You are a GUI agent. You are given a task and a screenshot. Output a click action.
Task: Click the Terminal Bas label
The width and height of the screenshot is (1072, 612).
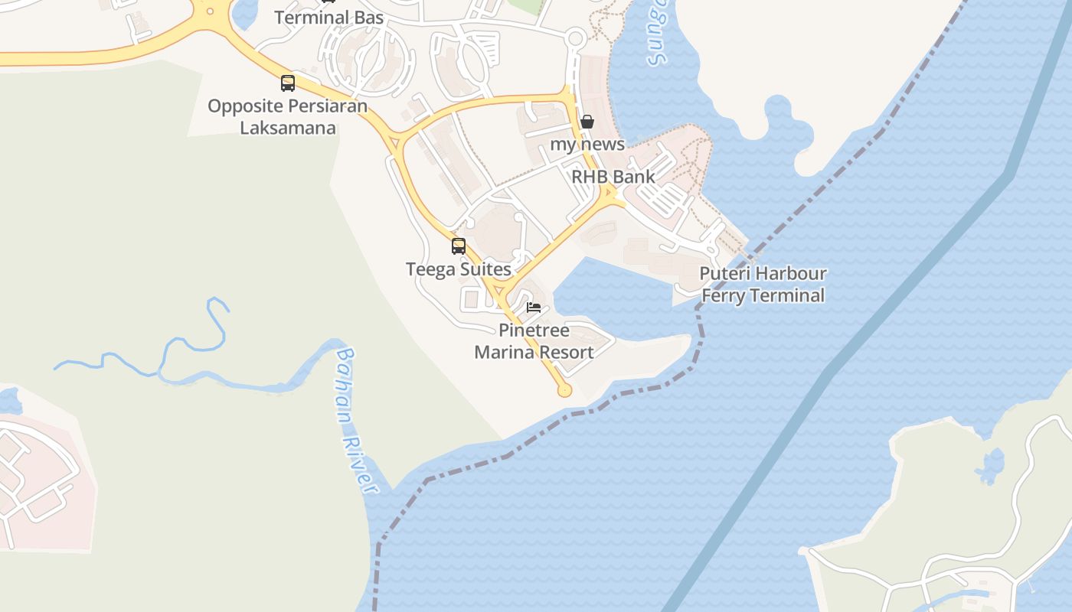328,17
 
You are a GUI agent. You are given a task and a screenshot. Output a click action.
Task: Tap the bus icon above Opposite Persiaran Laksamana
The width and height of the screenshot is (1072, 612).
288,83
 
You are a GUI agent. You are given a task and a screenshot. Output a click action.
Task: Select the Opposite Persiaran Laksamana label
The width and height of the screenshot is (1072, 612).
287,116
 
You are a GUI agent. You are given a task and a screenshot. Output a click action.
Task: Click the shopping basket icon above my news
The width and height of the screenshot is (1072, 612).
587,122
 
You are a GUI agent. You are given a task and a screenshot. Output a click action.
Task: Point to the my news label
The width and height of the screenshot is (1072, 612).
587,144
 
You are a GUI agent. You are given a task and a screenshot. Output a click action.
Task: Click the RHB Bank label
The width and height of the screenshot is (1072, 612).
613,177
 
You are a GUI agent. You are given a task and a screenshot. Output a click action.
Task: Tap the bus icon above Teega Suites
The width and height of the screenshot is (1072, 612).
459,246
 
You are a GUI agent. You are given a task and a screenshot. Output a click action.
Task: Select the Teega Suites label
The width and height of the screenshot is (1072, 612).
458,269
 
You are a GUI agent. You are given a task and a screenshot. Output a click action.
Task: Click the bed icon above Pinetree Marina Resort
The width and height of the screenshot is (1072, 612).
534,308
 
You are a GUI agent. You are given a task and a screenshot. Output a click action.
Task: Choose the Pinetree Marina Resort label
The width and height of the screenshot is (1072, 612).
534,341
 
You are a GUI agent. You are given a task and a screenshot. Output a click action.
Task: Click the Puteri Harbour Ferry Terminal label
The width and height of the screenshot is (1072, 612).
763,285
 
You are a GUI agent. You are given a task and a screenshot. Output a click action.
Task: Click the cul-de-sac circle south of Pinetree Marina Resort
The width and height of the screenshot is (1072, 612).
565,391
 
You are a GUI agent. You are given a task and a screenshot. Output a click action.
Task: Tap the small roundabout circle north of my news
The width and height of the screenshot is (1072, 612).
576,37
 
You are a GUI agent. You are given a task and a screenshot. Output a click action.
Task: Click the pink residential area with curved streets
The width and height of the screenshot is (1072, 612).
38,474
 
